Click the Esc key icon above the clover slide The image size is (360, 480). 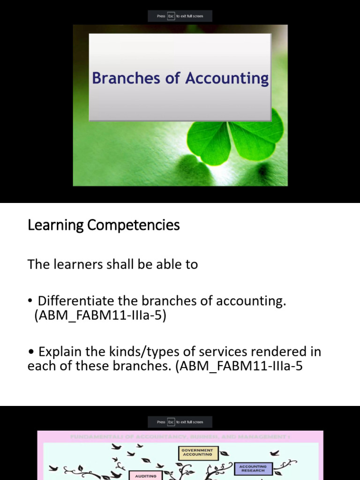pos(171,16)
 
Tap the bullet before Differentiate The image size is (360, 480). pos(30,301)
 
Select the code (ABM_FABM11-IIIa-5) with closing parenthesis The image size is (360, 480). pos(100,315)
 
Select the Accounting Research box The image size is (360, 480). pos(253,469)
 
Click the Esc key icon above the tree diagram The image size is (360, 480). pos(171,422)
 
